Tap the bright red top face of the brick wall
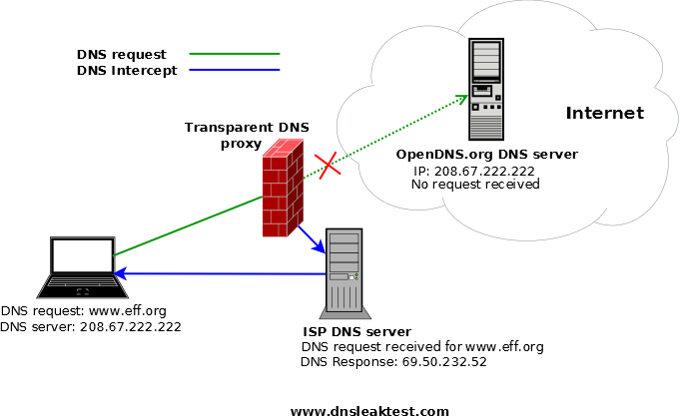coord(284,148)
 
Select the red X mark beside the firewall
coord(328,165)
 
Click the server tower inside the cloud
coord(486,89)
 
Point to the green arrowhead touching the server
coord(462,99)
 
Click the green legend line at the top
coord(235,53)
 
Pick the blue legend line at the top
coord(235,69)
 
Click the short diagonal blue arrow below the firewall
coord(311,238)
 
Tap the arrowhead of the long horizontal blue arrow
coord(119,273)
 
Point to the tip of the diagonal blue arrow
coord(323,251)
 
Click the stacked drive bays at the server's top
coord(486,60)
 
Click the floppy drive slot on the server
coord(482,90)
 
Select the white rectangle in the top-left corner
coord(184,24)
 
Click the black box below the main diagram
coord(387,386)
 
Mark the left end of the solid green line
coord(115,255)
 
